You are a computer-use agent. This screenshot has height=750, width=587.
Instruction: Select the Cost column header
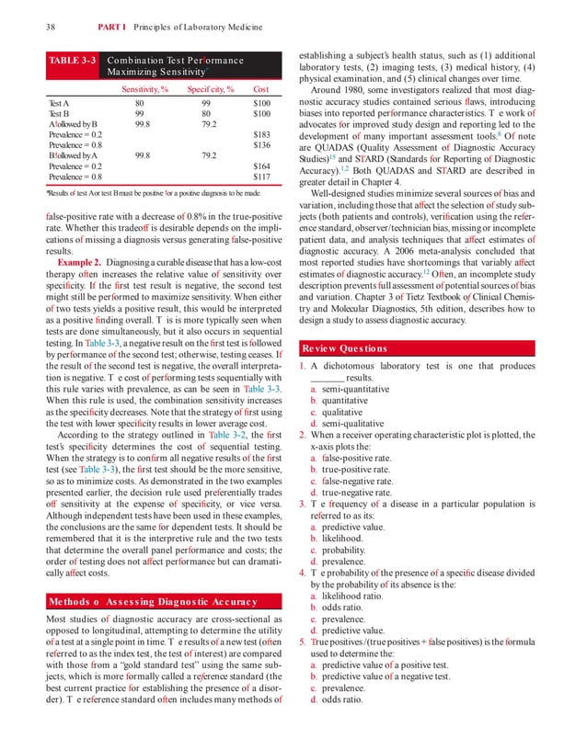pos(260,89)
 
